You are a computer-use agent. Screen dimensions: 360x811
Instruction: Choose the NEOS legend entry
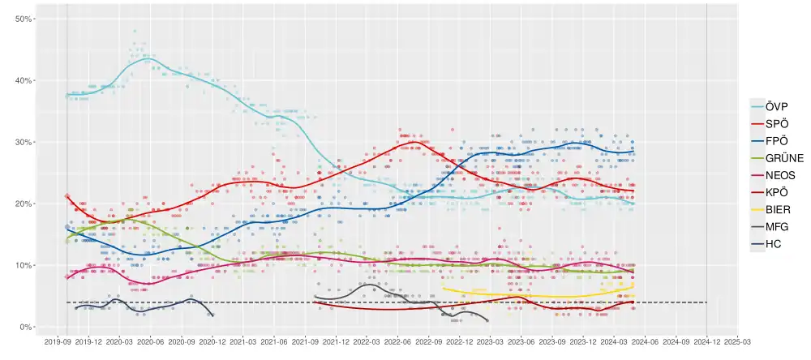point(776,176)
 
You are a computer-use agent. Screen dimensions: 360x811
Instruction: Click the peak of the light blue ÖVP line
point(148,58)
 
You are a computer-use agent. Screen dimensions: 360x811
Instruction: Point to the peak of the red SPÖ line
point(414,142)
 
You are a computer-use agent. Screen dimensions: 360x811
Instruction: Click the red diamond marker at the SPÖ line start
point(67,196)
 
